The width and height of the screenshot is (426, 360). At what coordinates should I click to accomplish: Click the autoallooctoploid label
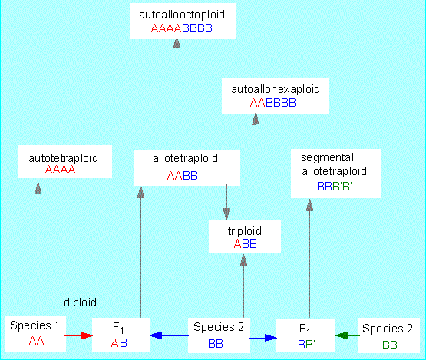[182, 15]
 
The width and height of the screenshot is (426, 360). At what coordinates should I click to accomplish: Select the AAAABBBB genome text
[181, 28]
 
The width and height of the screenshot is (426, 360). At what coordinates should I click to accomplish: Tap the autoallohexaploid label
[276, 89]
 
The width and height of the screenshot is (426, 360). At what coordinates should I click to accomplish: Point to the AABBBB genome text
[272, 103]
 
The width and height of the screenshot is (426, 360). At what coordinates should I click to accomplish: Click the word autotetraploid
[63, 158]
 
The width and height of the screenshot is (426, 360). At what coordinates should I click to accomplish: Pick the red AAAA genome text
[60, 170]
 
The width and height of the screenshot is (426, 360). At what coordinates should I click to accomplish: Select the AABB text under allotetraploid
[183, 176]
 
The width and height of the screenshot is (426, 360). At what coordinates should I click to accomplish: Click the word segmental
[328, 157]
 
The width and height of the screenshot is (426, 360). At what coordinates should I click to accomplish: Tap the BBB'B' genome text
[335, 187]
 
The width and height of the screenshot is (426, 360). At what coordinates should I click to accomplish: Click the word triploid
[245, 231]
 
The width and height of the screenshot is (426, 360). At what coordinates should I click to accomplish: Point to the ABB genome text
[245, 244]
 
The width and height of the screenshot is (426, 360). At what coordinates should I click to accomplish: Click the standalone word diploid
[80, 302]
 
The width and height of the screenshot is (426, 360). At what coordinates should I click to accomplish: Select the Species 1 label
[35, 325]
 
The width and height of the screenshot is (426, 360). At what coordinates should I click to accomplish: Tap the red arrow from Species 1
[78, 335]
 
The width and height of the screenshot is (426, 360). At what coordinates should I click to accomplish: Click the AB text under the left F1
[119, 343]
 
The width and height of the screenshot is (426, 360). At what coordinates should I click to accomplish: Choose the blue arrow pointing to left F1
[169, 335]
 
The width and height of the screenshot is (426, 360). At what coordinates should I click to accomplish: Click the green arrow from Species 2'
[348, 335]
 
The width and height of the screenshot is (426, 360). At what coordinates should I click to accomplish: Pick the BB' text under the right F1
[306, 344]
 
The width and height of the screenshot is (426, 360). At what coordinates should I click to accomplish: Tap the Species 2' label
[388, 329]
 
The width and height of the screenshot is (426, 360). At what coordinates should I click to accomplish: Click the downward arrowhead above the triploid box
[226, 214]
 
